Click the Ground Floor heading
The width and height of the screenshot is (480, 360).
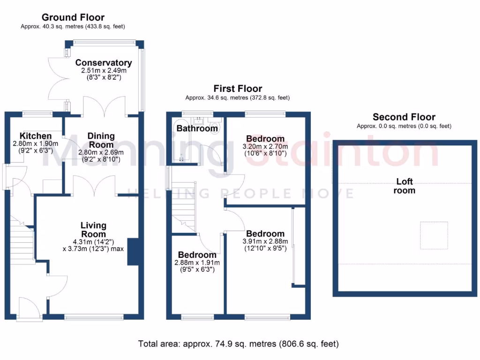(73, 18)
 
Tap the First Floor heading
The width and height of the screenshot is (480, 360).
(238, 88)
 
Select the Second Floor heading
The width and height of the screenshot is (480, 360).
(404, 117)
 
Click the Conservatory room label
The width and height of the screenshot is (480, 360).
(104, 63)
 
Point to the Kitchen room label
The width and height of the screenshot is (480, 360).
(32, 136)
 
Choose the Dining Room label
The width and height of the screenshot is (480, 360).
(101, 140)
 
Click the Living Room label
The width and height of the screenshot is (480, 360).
(93, 230)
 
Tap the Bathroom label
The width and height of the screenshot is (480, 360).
(197, 128)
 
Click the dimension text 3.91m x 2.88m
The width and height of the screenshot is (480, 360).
(265, 242)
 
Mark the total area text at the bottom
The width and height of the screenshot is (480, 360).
(238, 344)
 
